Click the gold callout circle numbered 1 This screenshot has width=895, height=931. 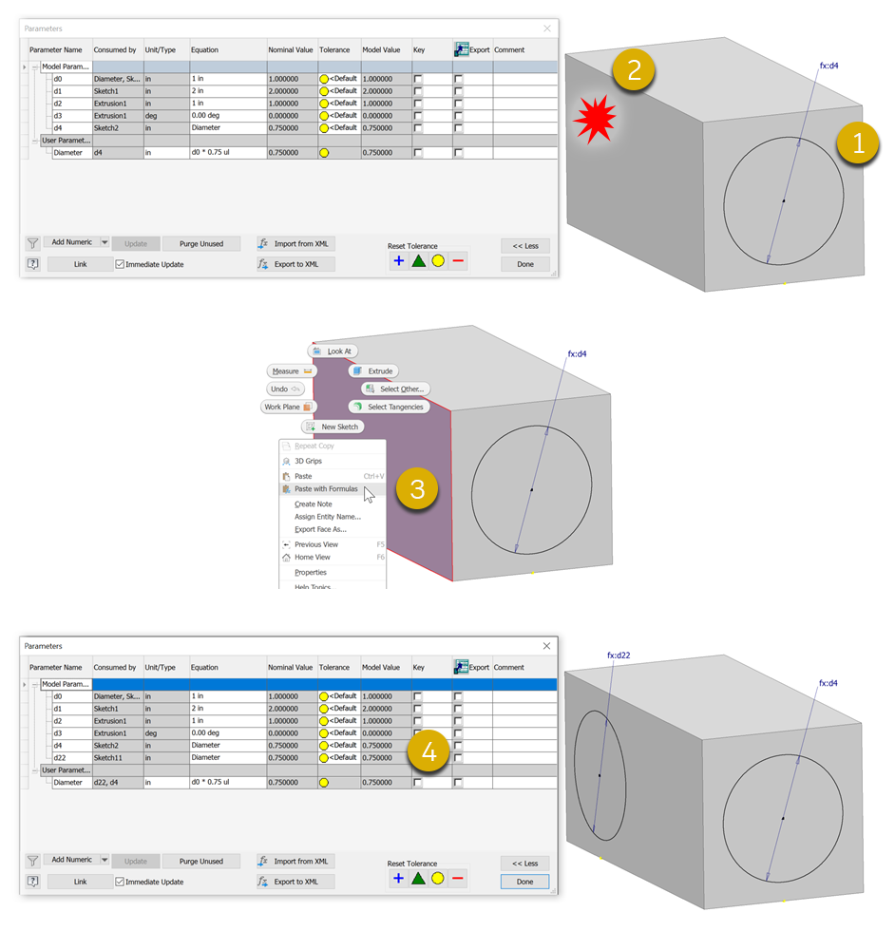858,143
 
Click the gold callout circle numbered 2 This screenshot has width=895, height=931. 634,70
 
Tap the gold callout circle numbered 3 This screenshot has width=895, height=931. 417,489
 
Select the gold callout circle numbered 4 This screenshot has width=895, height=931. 428,751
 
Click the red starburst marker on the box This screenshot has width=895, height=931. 595,119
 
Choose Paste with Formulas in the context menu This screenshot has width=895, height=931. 326,489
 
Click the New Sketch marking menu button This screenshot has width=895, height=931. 333,427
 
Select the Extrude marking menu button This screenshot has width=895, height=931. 373,371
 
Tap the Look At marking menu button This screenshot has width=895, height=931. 333,351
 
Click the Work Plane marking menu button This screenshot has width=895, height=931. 288,407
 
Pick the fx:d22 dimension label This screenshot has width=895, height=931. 619,655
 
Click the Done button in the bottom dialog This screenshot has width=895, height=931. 524,882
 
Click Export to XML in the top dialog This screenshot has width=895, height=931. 295,264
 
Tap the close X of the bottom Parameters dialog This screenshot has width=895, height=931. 546,646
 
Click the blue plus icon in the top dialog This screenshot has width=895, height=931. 398,260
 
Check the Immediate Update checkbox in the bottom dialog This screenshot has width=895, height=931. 120,882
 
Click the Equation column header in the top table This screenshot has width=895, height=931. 204,49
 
